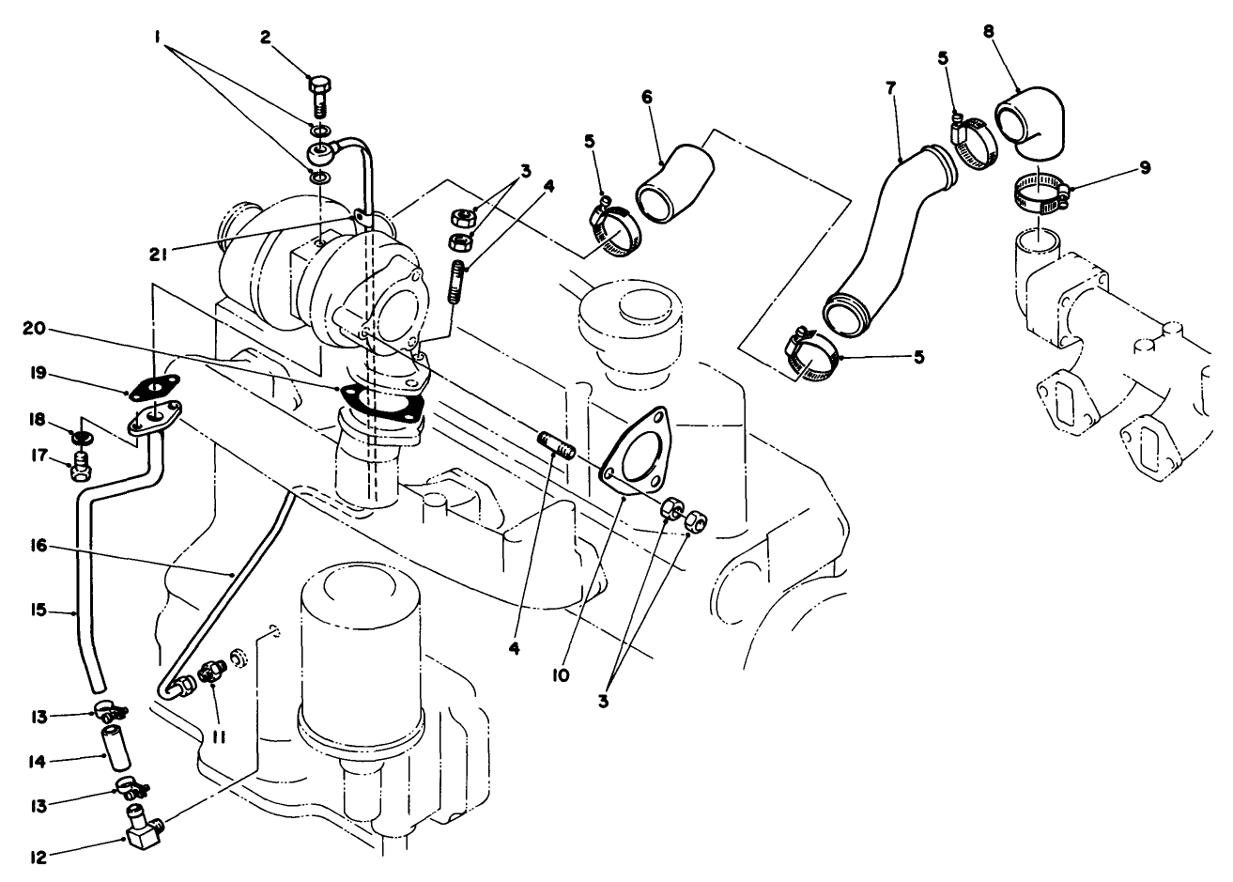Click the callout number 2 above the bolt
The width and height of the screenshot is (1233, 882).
pos(266,38)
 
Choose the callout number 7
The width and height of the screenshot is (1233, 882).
pos(890,87)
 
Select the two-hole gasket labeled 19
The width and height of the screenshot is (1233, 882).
pos(152,387)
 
